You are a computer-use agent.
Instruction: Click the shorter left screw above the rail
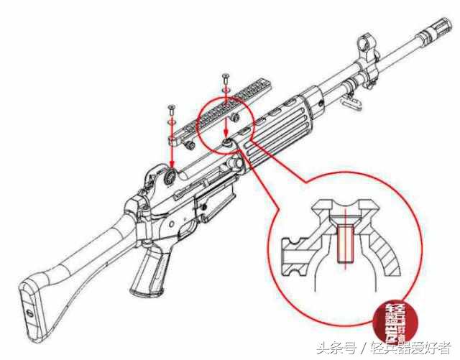point(172,111)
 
